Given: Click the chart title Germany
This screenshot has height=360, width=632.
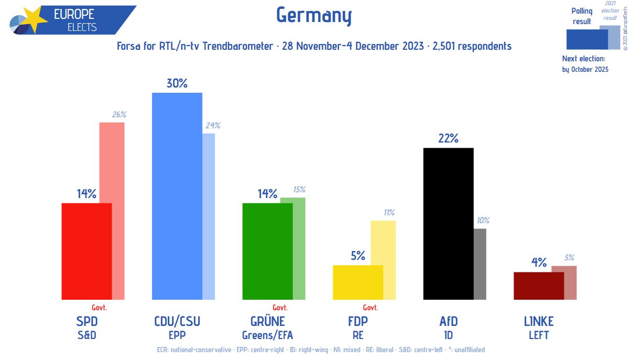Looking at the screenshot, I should (313, 16).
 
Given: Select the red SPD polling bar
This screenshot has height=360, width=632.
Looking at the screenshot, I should (86, 251).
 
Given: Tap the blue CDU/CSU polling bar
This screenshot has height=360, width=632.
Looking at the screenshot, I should (177, 196).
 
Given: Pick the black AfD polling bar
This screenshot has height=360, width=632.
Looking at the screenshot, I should (448, 224).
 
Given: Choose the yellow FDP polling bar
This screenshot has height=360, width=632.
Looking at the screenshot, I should (358, 282).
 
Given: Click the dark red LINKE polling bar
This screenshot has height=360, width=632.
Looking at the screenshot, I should (539, 286).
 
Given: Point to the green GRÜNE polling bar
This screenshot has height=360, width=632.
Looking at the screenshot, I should (267, 251).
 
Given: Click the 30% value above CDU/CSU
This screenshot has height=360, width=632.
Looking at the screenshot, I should (177, 83).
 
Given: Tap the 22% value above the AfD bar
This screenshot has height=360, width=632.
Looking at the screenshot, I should (449, 138).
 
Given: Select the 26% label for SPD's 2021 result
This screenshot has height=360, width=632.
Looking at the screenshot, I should (119, 115).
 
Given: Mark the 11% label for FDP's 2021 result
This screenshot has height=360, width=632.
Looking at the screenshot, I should (389, 213).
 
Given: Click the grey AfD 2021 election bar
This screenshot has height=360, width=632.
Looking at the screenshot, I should (480, 264).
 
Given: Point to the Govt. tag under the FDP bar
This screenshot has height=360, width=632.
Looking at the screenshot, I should (371, 308).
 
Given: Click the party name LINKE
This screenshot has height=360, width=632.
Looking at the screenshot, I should (539, 321).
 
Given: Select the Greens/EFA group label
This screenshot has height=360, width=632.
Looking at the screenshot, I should (267, 335).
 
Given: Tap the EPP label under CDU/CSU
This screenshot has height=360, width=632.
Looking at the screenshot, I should (177, 335).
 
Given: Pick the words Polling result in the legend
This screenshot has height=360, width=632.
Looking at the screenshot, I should (582, 16).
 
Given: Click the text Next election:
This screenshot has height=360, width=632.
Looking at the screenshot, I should (583, 59).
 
